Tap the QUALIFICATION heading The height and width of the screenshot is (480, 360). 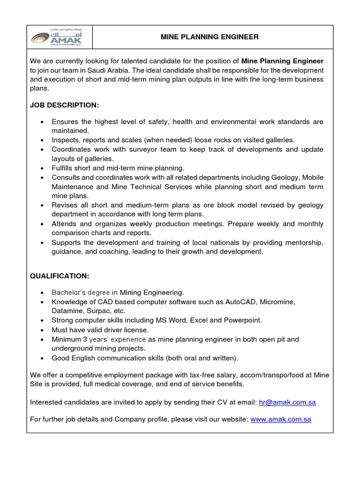tap(59, 276)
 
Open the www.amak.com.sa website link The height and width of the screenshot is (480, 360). tap(281, 419)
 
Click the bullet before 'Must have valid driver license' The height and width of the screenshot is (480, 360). tap(43, 330)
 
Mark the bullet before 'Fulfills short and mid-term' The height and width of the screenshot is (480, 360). tap(43, 168)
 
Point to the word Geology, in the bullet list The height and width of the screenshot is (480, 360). tap(285, 177)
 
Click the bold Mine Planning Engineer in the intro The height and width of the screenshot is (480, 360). tap(282, 61)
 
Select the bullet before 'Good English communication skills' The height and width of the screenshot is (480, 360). tap(43, 358)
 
